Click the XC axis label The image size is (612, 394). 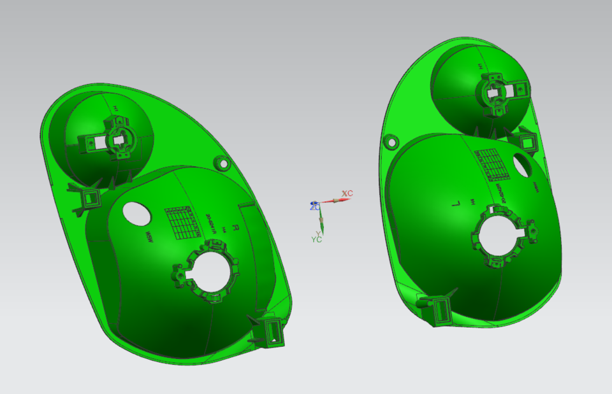tap(347, 193)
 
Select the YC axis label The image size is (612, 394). tap(316, 240)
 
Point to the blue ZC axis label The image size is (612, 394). tap(314, 206)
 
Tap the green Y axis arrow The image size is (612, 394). tap(323, 223)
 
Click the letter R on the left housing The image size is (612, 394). tap(235, 227)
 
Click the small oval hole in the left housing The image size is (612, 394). tap(136, 213)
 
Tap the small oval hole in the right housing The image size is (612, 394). tap(524, 165)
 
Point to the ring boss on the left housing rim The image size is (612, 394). tap(224, 164)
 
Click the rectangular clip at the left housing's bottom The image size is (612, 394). tap(273, 332)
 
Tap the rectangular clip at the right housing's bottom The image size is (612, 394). tap(440, 311)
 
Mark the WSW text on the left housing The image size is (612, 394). tap(149, 238)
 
